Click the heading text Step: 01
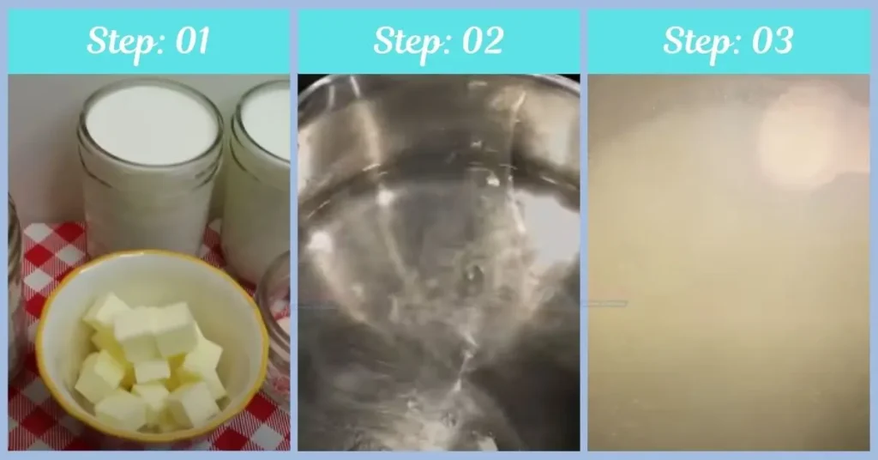[x=148, y=41]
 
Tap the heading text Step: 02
[x=438, y=41]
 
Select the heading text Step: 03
[x=728, y=41]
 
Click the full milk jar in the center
[x=151, y=172]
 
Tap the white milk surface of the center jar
[x=151, y=124]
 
